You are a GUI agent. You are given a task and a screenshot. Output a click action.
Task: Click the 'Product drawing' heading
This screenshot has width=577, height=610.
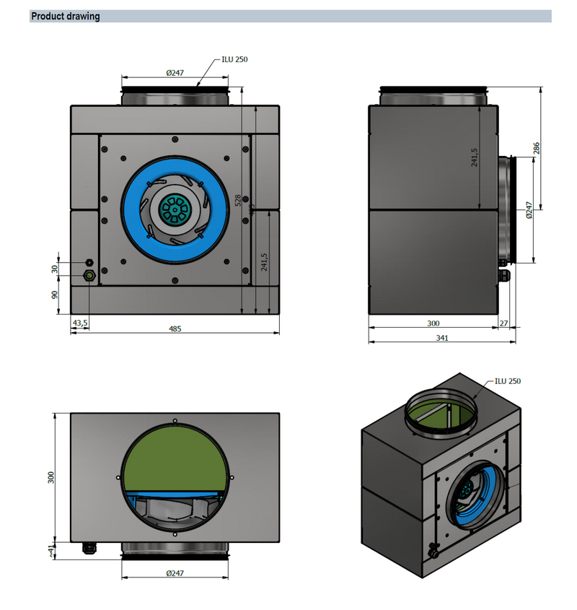[66, 17]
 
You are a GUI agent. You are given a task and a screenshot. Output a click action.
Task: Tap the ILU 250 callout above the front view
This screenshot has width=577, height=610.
[234, 60]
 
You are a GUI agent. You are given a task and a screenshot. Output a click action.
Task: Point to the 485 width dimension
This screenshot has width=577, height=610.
[175, 328]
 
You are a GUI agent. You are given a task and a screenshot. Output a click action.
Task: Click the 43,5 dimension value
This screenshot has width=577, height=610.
[80, 322]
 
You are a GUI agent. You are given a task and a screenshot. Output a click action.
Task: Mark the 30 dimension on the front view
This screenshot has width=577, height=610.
[55, 269]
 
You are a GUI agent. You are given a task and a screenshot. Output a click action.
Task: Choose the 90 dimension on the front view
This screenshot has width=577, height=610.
[55, 295]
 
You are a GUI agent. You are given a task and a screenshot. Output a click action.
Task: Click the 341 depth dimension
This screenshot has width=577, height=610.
[442, 338]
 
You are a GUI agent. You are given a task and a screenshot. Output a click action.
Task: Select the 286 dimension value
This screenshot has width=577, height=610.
[537, 148]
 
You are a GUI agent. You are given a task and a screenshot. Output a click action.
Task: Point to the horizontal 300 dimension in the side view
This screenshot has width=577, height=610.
[433, 324]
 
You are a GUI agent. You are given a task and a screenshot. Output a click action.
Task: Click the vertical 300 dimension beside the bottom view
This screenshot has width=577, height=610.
[51, 477]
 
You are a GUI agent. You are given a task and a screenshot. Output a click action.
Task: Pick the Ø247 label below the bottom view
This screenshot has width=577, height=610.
[175, 573]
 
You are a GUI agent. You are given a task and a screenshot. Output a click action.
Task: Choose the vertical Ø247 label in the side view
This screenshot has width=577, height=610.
[529, 209]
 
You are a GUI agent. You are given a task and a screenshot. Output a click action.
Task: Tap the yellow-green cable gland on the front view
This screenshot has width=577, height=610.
[90, 276]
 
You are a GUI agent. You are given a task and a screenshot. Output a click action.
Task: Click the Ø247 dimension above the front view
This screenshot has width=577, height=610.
[175, 73]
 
